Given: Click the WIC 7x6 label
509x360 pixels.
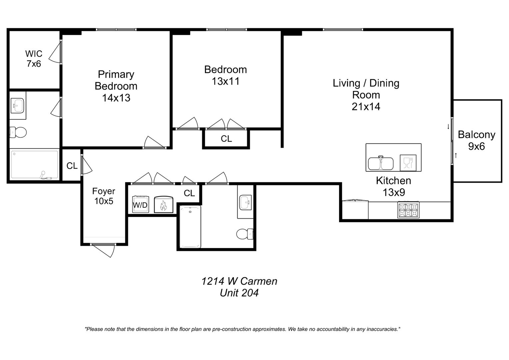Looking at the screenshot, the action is tap(34, 59).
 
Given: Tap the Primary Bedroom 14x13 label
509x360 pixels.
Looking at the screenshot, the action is tap(116, 86).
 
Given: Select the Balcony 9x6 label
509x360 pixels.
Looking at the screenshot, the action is tap(476, 140).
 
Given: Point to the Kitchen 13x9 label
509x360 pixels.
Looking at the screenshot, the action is tap(393, 186).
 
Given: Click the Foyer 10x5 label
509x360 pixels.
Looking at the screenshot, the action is tap(104, 196).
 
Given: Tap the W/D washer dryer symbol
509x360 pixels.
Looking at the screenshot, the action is tap(141, 204).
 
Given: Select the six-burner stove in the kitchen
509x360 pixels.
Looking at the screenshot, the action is tap(408, 210).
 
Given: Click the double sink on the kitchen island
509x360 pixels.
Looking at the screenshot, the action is tap(381, 163).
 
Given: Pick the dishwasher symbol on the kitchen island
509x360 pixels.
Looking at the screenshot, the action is tap(408, 163).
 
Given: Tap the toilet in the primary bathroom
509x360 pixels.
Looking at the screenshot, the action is tap(18, 132).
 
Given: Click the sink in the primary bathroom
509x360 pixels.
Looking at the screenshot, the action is tap(18, 106).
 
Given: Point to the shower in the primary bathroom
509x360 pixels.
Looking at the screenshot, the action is tap(35, 164).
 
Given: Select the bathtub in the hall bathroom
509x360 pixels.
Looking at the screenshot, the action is tap(190, 227).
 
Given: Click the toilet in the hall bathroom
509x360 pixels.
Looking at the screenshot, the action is tap(245, 234).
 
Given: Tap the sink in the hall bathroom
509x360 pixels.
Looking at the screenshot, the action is tap(246, 202).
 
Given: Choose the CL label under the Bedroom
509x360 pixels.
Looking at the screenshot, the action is tap(226, 139).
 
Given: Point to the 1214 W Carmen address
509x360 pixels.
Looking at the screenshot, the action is tap(239, 281).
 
